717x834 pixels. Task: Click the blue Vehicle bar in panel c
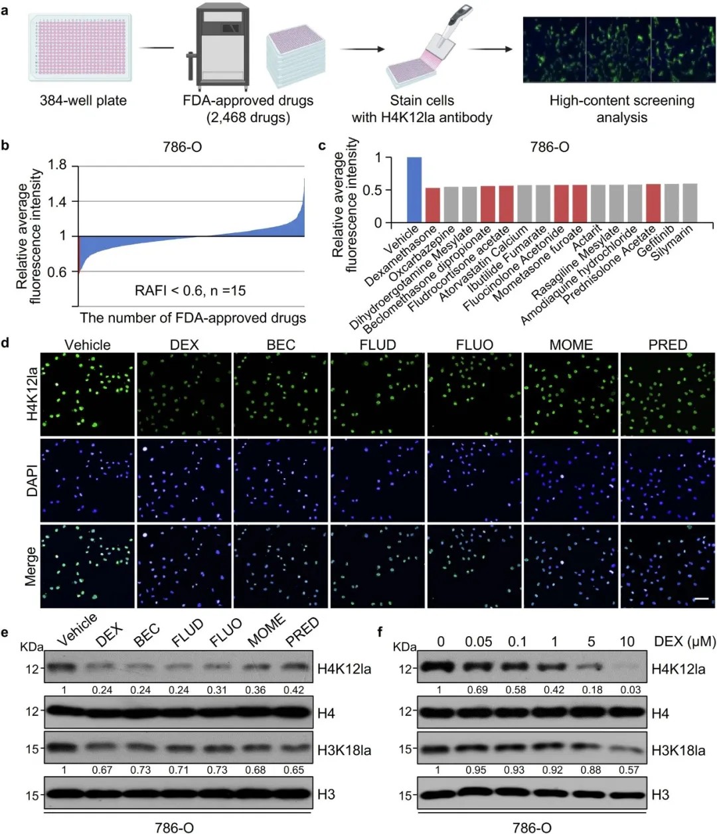(414, 189)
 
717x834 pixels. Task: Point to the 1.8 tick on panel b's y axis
(58, 165)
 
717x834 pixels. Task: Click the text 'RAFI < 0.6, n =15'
(191, 290)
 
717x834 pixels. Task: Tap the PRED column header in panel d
(667, 345)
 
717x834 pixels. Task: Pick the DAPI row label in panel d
(32, 480)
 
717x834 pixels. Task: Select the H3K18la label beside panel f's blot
(678, 750)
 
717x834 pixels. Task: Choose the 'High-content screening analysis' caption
(621, 109)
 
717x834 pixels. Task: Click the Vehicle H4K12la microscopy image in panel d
(88, 394)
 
